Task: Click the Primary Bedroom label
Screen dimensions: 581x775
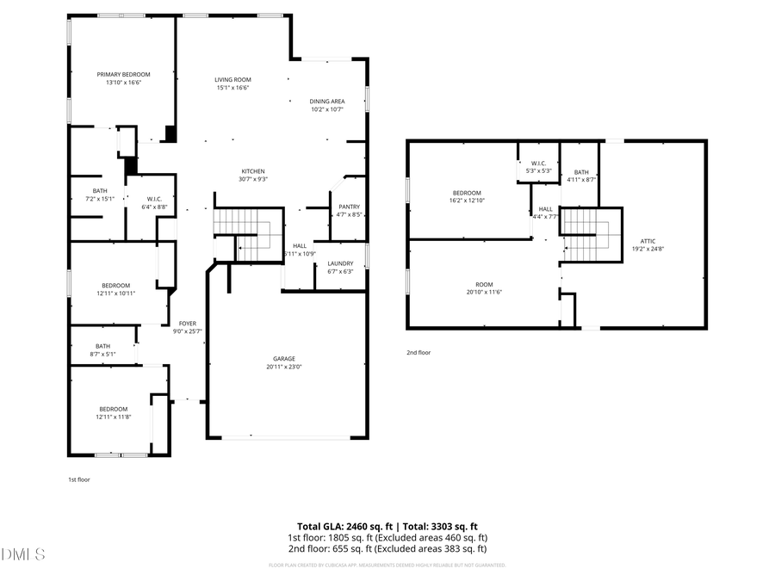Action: click(123, 75)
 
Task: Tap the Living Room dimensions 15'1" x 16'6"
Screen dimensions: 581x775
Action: click(232, 87)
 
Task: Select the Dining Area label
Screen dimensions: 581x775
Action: click(327, 102)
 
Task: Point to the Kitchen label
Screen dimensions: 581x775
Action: click(252, 171)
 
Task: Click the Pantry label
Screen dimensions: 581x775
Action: click(349, 207)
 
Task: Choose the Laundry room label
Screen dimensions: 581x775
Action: click(340, 263)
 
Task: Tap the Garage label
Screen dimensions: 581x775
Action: click(284, 358)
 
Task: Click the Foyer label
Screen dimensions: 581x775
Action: click(188, 324)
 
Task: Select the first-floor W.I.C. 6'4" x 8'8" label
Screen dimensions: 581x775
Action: click(155, 199)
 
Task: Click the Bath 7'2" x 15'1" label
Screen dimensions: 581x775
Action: click(100, 191)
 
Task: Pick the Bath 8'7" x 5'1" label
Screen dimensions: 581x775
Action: click(102, 346)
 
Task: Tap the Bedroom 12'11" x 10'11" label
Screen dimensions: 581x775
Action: click(115, 286)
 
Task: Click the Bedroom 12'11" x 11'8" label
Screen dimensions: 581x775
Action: click(113, 409)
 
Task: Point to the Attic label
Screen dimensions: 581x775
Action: click(648, 241)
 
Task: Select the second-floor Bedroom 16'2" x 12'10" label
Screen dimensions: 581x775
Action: click(466, 193)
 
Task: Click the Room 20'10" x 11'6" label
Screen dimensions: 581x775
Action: click(484, 284)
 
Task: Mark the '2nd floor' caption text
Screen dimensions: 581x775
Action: click(418, 352)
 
